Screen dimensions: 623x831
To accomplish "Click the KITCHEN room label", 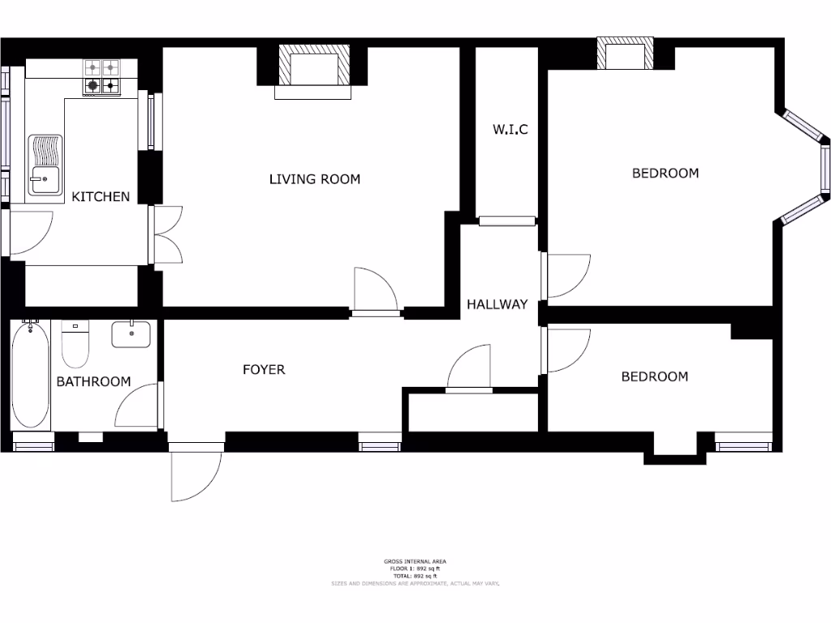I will [101, 196].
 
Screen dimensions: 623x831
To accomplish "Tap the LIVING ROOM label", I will [314, 179].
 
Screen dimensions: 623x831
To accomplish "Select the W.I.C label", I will [510, 129].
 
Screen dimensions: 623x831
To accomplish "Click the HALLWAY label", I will [497, 305].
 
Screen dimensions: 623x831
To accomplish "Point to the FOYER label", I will [264, 370].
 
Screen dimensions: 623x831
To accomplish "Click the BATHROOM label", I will [93, 381].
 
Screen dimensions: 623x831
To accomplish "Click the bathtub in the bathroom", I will [31, 374].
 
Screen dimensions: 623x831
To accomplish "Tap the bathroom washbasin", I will [131, 334].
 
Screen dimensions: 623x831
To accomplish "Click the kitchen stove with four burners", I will [101, 77].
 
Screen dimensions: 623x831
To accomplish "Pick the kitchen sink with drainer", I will [45, 165].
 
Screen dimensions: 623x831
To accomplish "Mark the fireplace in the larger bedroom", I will [625, 55].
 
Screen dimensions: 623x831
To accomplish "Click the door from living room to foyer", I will [376, 290].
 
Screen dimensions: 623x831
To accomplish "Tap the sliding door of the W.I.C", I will [507, 221].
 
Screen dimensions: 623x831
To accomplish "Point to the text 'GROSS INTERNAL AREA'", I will [415, 561].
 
